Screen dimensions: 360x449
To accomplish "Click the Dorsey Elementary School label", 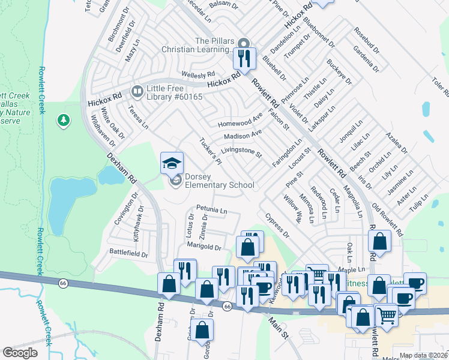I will (219, 181).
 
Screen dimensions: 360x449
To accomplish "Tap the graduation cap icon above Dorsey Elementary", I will (172, 163).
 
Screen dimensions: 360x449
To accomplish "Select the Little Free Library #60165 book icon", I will (137, 91).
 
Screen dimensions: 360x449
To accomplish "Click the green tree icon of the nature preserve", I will (63, 121).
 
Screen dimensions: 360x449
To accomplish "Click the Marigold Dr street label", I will (205, 247).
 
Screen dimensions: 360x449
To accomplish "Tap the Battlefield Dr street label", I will (128, 254).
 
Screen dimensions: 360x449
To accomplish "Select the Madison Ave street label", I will (243, 135).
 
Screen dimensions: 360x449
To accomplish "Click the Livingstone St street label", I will (242, 152).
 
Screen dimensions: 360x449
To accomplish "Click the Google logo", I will (20, 353).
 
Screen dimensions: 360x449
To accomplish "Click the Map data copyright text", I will (423, 355).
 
